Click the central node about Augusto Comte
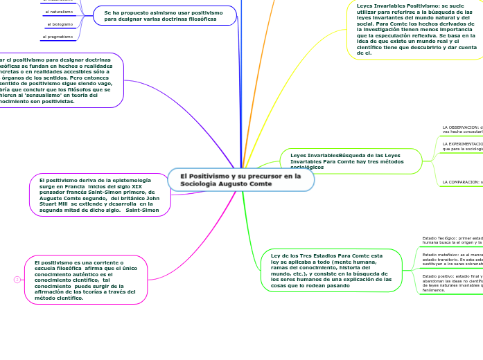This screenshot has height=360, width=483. [x=240, y=180]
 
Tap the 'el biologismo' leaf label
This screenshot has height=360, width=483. [x=60, y=24]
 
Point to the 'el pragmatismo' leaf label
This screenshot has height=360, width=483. [x=58, y=37]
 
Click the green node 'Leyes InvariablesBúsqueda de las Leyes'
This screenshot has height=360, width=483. [x=351, y=161]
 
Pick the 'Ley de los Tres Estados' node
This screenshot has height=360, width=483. [x=326, y=270]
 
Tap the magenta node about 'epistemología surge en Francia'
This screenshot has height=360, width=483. [x=100, y=195]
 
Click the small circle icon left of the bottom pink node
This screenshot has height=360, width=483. [x=15, y=280]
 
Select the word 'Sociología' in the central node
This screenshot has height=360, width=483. [x=201, y=184]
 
